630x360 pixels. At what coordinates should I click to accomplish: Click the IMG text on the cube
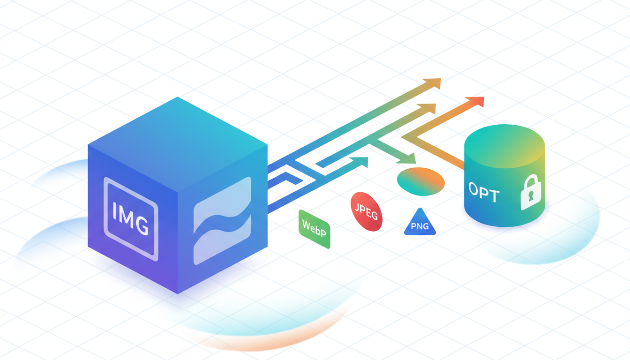point(130,218)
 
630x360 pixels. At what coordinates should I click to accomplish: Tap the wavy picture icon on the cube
point(222,221)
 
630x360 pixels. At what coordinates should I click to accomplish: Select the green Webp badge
point(314,229)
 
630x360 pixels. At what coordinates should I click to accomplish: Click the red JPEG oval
point(366,211)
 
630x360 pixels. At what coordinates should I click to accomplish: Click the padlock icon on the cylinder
point(531,192)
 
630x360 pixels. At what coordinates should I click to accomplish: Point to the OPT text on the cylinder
point(484,192)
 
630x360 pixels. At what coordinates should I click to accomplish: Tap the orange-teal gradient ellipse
point(421,181)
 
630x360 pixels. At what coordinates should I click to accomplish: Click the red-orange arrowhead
point(476,102)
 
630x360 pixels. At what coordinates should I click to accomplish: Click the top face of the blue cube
point(178,144)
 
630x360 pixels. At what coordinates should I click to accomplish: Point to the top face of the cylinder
point(504,146)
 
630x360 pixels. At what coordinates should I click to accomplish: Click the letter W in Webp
point(306,225)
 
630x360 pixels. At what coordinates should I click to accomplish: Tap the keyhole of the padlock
point(531,196)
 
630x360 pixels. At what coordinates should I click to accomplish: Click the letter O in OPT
point(473,188)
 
